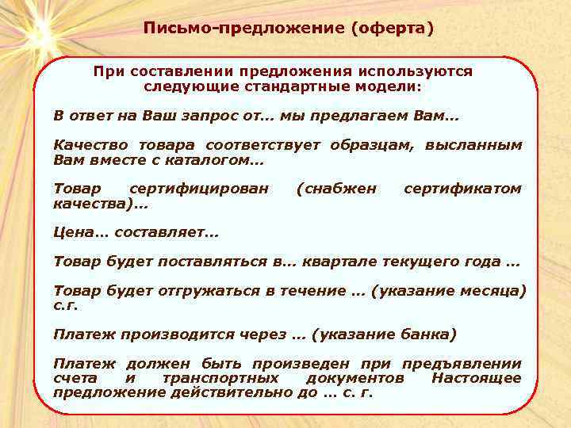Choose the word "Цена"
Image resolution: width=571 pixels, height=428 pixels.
click(73, 233)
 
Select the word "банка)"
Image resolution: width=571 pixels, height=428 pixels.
click(427, 334)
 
